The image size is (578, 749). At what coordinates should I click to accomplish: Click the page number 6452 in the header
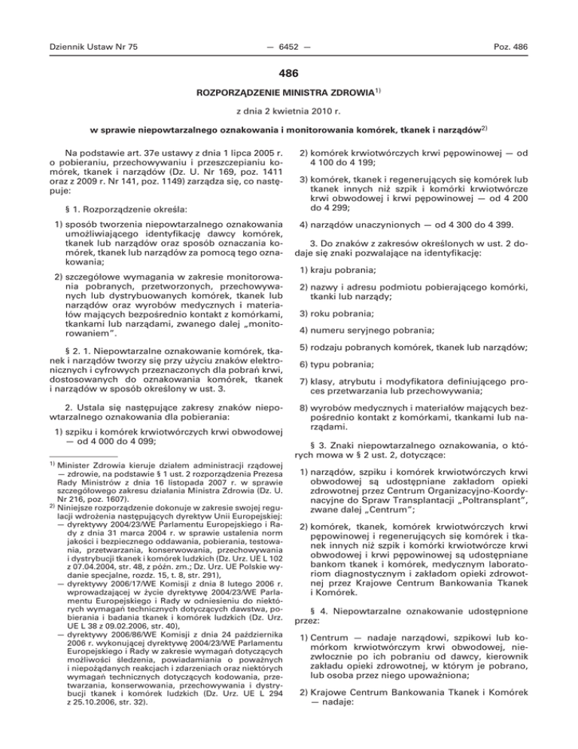pos(289,47)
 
